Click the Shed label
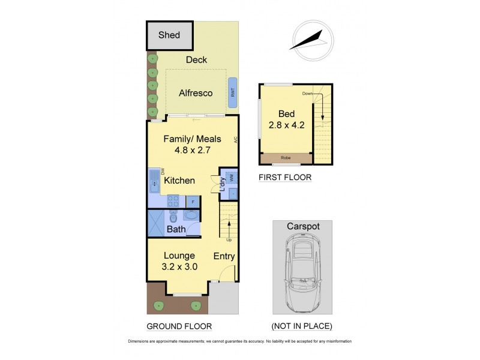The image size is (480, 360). pyautogui.click(x=169, y=35)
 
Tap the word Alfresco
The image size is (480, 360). pyautogui.click(x=196, y=94)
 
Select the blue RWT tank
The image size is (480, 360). pyautogui.click(x=232, y=92)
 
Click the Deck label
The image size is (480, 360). pyautogui.click(x=196, y=59)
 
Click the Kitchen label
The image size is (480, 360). pyautogui.click(x=179, y=181)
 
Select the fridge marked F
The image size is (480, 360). pyautogui.click(x=193, y=202)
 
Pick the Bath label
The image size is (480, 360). pyautogui.click(x=176, y=229)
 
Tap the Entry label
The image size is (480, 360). pyautogui.click(x=224, y=256)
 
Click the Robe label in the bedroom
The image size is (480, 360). pyautogui.click(x=285, y=158)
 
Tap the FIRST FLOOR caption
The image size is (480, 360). pyautogui.click(x=285, y=178)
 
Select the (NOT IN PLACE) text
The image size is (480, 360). pyautogui.click(x=302, y=326)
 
